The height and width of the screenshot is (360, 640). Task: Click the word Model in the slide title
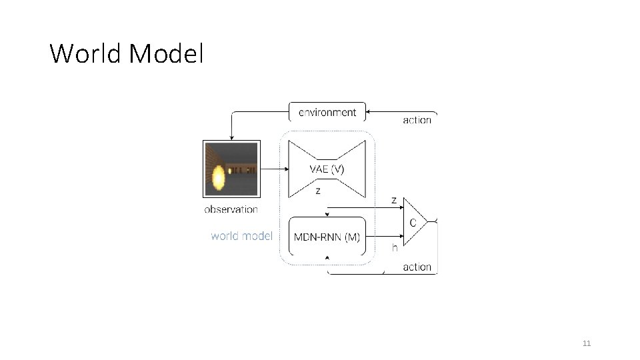pos(167,53)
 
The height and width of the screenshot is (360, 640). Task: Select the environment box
pos(327,112)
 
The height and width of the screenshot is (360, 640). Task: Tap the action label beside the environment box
pos(417,120)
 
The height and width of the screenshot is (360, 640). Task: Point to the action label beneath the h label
pos(417,267)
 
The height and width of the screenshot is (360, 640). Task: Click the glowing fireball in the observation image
pos(218,176)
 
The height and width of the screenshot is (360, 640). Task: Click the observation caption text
pos(231,209)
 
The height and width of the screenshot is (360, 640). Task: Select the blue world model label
pos(241,235)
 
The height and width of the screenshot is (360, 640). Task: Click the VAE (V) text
pos(327,169)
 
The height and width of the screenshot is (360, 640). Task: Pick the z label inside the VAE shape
pos(318,191)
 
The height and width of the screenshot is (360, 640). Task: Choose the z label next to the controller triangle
pos(394,200)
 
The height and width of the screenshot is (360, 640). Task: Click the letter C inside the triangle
pos(413,223)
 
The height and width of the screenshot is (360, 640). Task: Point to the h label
pos(395,247)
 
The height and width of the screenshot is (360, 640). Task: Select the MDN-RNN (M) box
pos(327,237)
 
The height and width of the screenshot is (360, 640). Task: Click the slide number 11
pos(587,343)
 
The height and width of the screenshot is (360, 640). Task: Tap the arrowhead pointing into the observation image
pos(231,137)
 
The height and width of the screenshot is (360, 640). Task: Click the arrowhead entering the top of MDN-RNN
pos(327,215)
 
